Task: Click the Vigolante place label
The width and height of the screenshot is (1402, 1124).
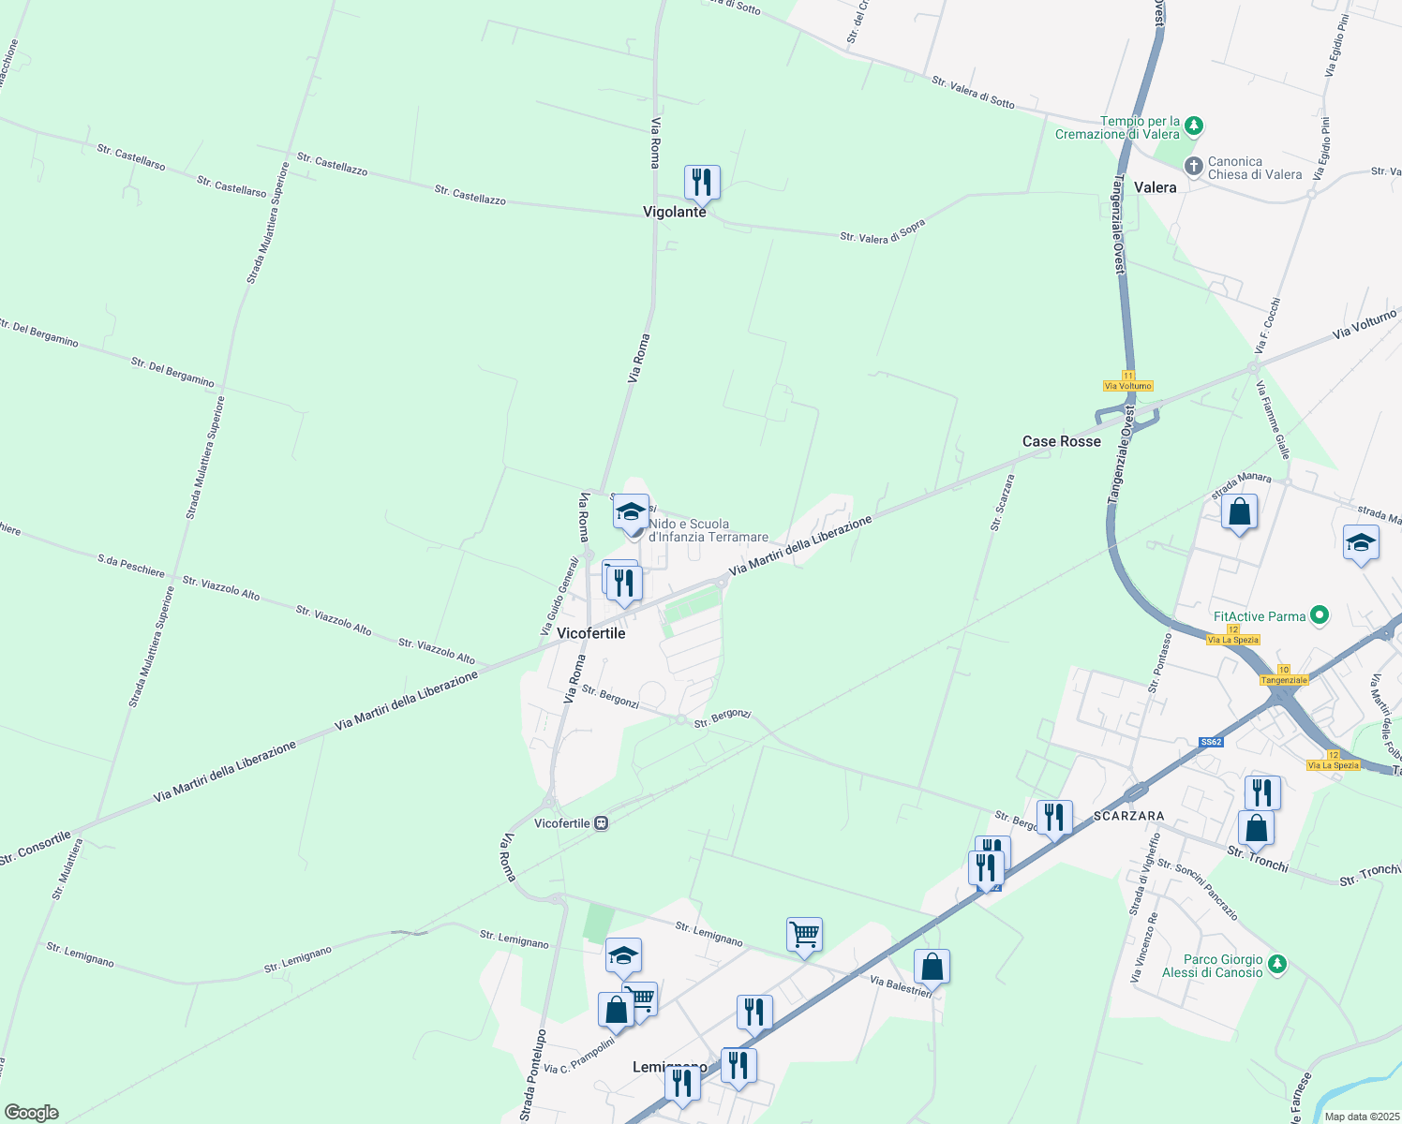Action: pos(674,213)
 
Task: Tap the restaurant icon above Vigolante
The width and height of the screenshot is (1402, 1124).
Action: pos(702,182)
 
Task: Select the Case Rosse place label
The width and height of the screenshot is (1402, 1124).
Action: pos(1061,441)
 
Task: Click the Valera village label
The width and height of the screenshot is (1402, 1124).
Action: pos(1155,187)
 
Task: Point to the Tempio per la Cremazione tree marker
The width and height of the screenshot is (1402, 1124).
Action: pos(1193,126)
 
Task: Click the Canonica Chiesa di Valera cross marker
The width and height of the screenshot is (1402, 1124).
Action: pos(1193,167)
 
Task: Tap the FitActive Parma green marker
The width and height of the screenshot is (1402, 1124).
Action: pos(1320,615)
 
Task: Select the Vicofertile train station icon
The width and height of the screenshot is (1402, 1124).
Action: pos(601,823)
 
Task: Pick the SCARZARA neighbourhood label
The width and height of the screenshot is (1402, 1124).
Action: pos(1128,817)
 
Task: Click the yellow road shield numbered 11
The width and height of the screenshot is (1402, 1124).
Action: pos(1128,376)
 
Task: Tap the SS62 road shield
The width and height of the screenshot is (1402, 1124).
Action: pos(1211,742)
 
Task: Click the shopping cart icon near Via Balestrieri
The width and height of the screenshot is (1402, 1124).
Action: pos(804,935)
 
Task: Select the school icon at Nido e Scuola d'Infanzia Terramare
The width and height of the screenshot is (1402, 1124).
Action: pos(631,512)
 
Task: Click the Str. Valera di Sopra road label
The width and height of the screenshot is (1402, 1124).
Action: pos(882,232)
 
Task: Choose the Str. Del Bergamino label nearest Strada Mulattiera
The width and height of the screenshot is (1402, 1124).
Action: pos(172,372)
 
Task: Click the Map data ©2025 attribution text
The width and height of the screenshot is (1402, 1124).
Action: pos(1361,1117)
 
